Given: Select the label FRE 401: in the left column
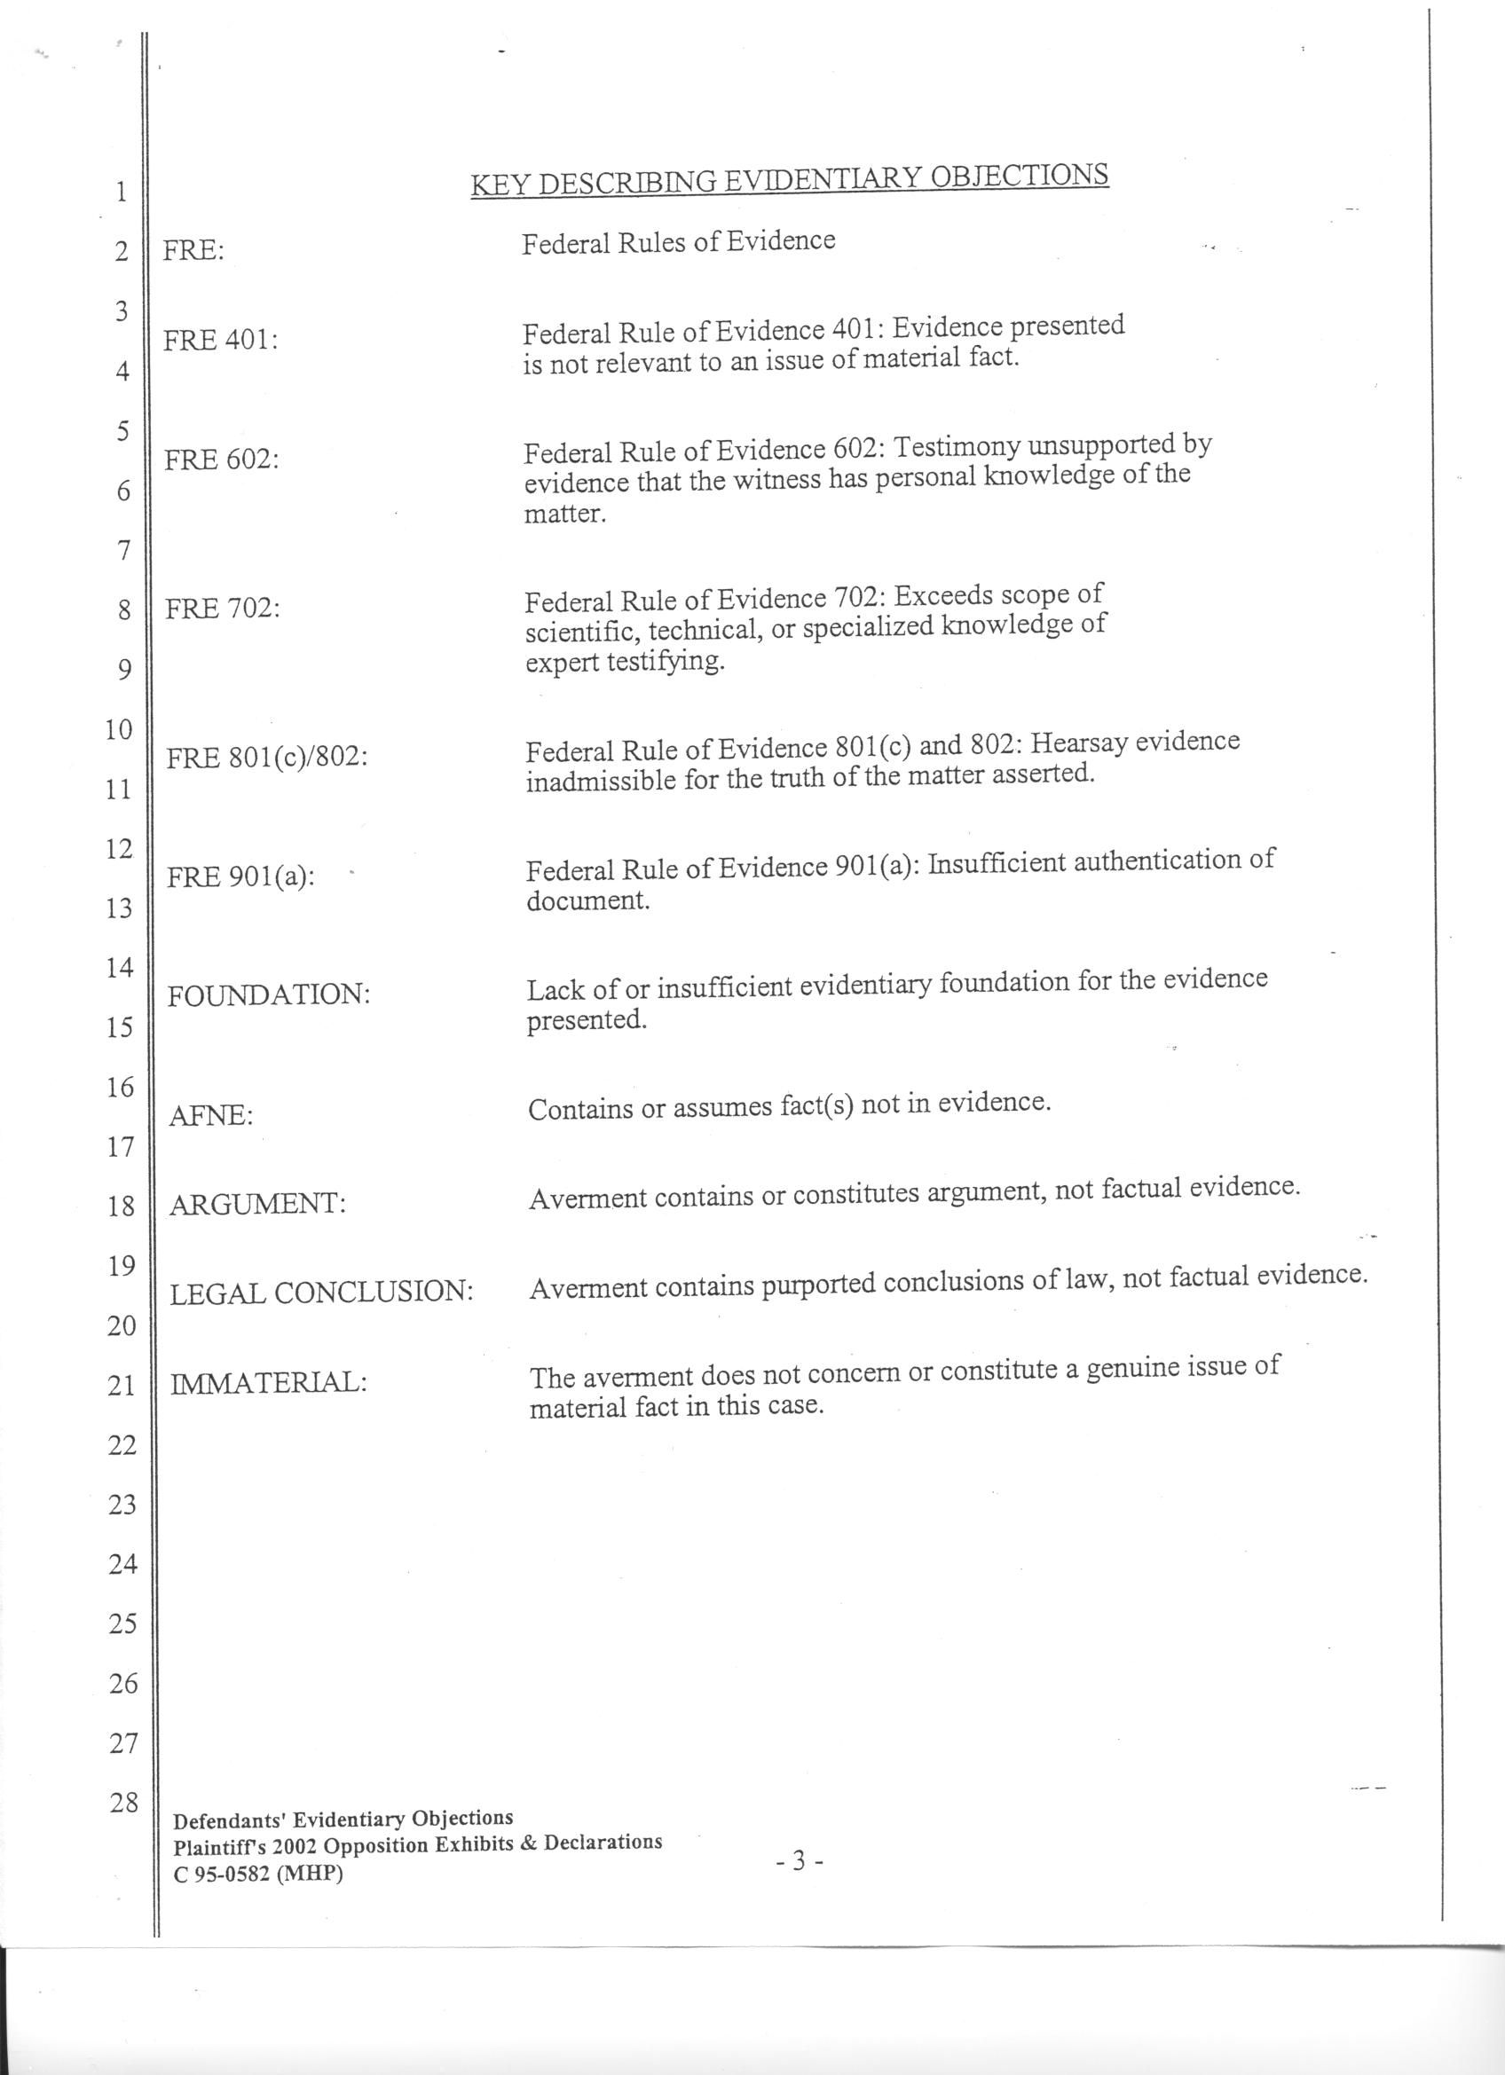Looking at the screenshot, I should (x=220, y=341).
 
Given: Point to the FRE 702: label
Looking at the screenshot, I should (x=223, y=609).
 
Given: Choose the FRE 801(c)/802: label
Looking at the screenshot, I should (x=267, y=758).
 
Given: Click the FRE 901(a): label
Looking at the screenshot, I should (x=240, y=877).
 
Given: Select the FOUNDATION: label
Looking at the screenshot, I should (x=269, y=995).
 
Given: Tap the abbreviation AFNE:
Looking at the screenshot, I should (x=211, y=1116).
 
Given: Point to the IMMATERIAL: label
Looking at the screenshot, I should (x=269, y=1382).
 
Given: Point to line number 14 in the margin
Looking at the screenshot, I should (x=121, y=968).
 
